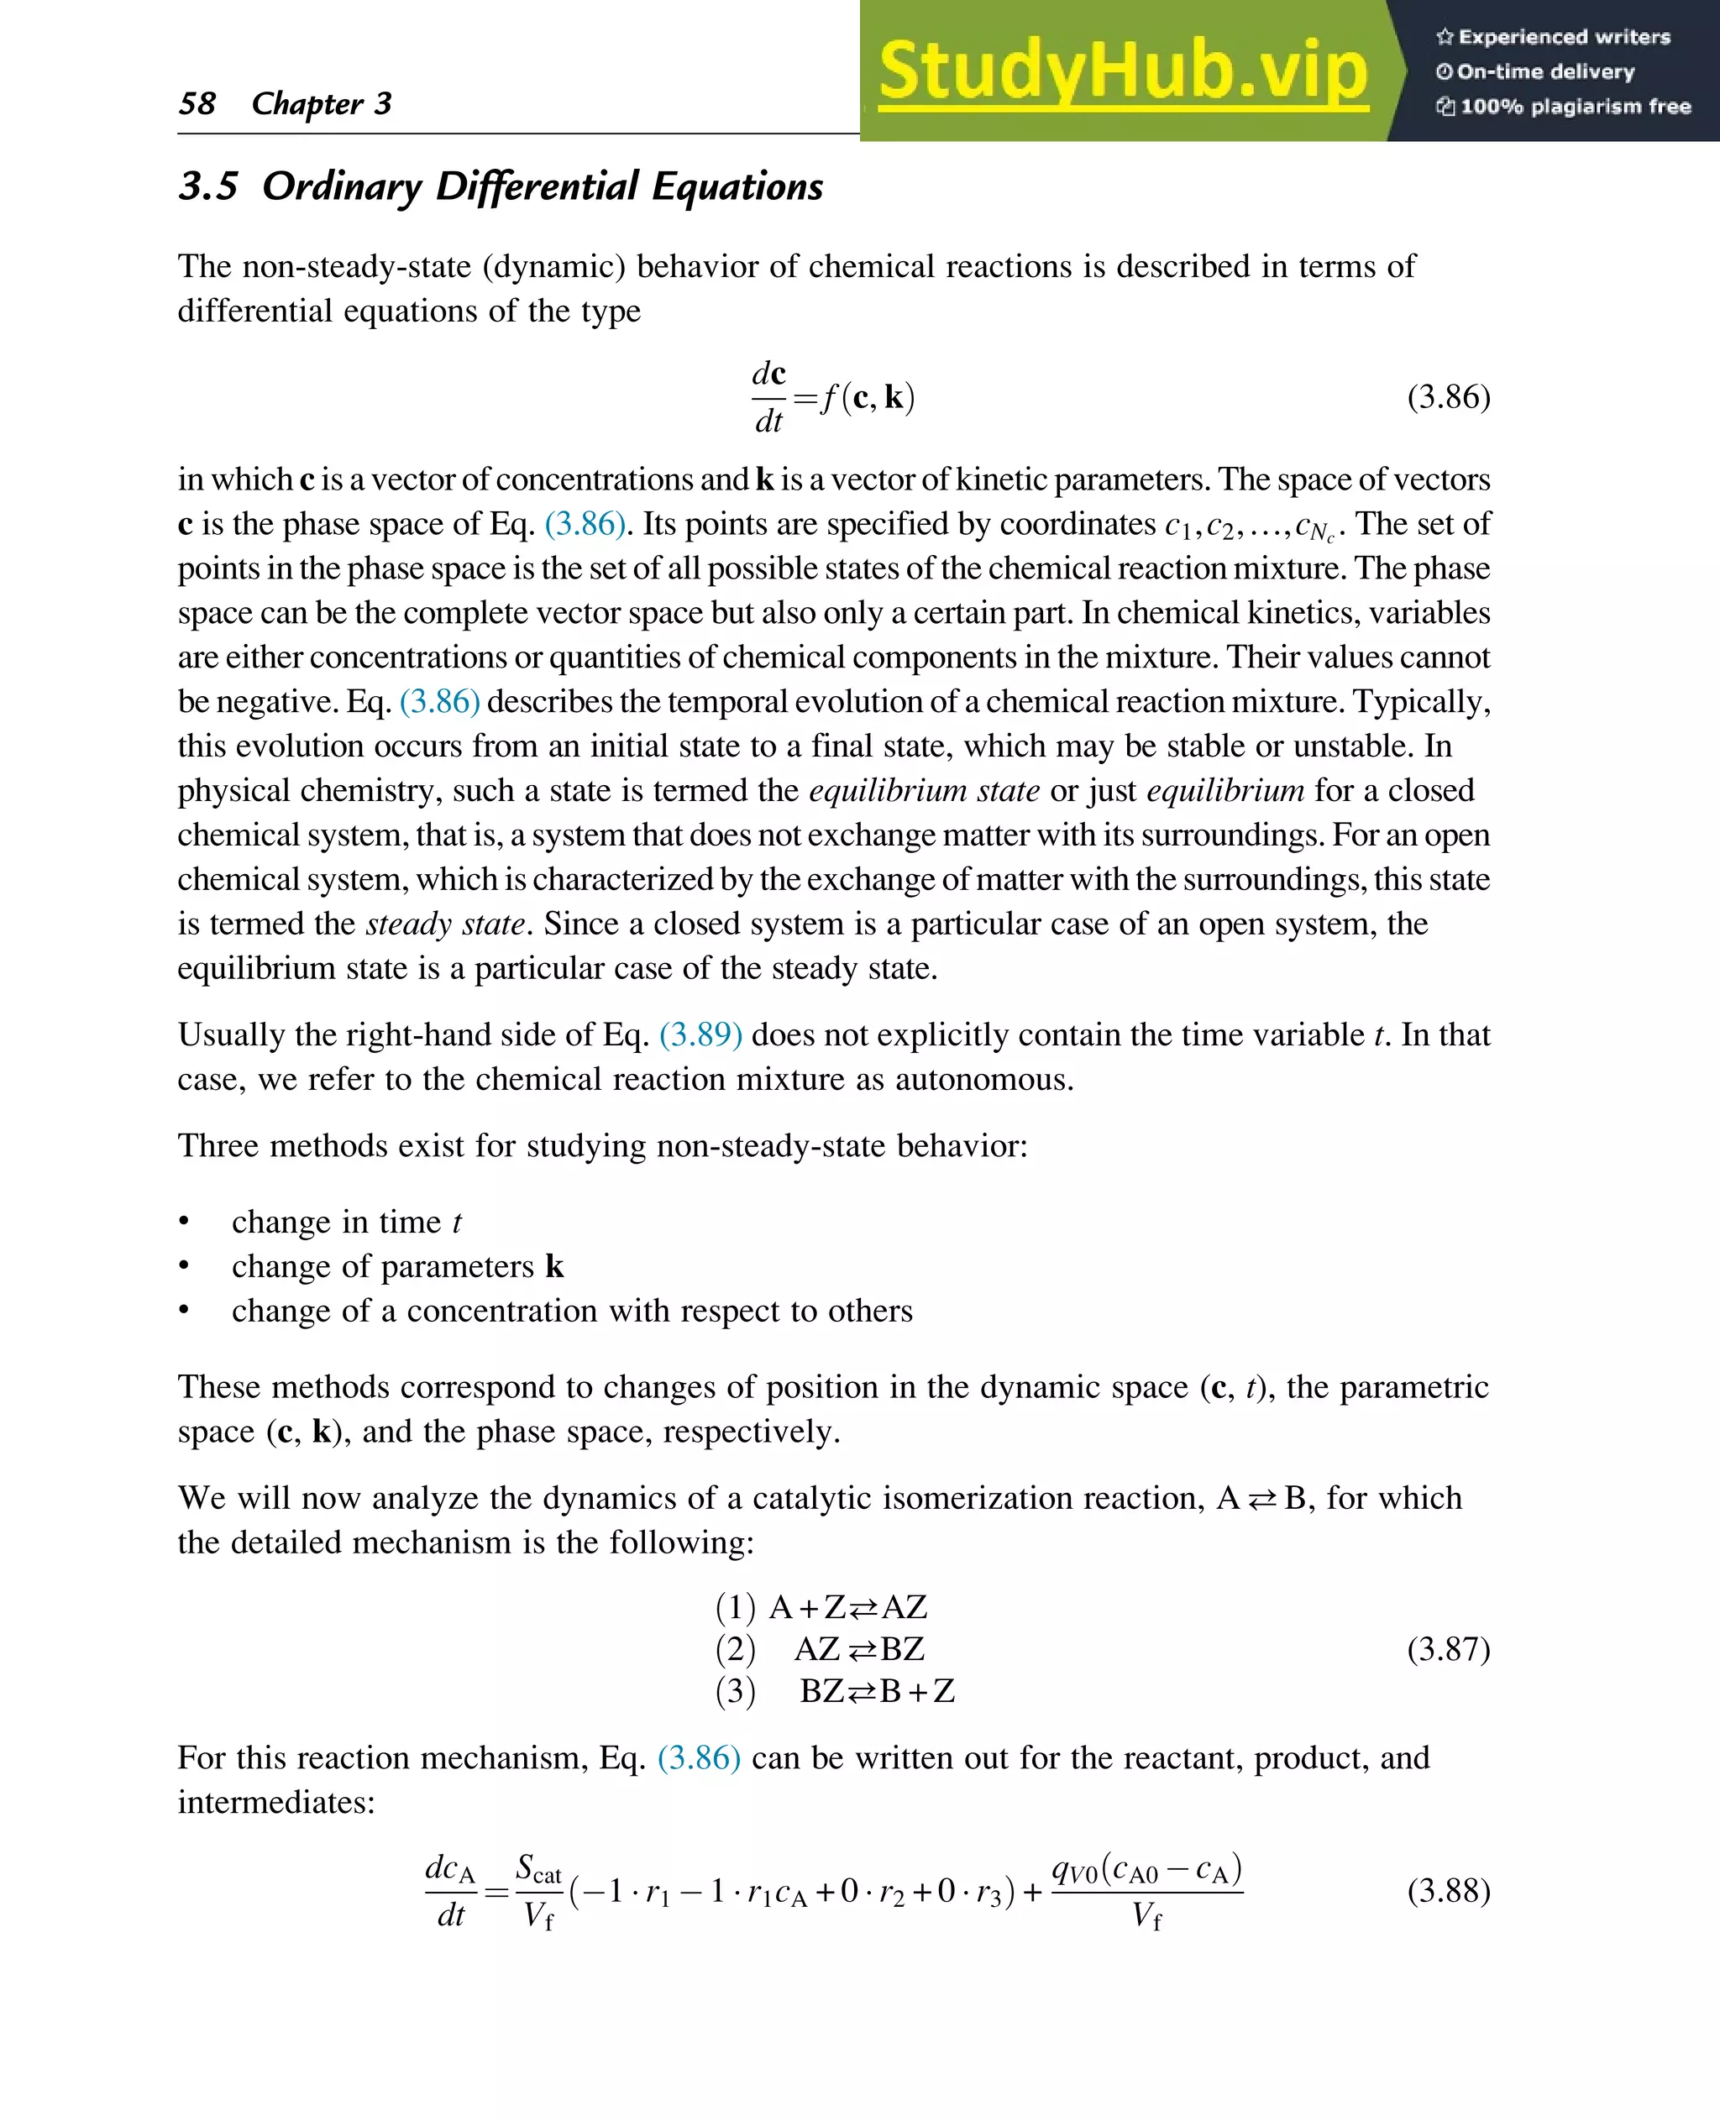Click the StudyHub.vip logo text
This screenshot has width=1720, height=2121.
pos(1123,71)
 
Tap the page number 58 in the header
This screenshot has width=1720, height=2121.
pos(197,103)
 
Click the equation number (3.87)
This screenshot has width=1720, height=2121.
pos(1448,1648)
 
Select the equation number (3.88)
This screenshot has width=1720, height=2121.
pos(1448,1890)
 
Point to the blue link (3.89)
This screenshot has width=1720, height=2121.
pos(700,1034)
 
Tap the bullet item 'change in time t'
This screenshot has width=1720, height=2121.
pos(346,1222)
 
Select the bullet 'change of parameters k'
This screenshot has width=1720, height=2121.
pos(396,1266)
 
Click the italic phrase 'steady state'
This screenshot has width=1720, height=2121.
pos(445,924)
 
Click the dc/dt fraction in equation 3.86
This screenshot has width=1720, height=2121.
pos(768,396)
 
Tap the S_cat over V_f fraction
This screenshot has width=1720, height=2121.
pos(538,1890)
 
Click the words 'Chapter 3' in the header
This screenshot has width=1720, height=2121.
pos(321,103)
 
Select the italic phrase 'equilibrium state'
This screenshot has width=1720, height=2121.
pos(924,790)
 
